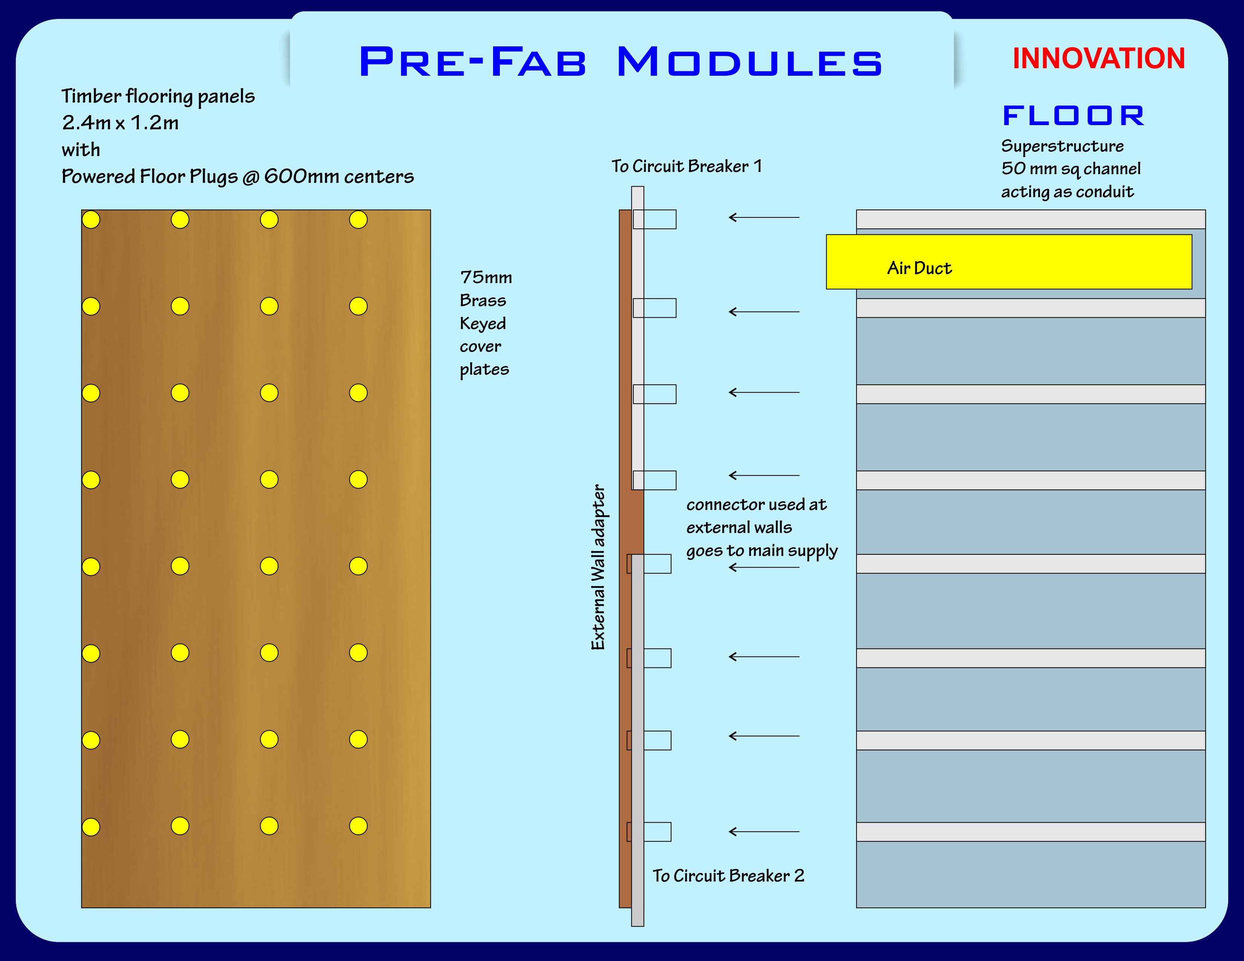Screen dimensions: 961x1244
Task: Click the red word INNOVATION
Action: pos(1098,59)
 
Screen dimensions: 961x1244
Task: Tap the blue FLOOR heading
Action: pos(1073,116)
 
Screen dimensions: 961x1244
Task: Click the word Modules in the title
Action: pos(749,62)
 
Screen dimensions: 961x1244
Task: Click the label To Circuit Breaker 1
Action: pos(686,166)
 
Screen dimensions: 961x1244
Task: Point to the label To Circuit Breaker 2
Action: pos(728,875)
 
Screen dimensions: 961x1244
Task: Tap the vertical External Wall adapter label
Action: pos(598,567)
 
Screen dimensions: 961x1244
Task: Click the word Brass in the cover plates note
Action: pos(483,301)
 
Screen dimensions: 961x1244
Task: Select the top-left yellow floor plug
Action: pos(91,220)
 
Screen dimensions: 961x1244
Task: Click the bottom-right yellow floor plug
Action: pos(358,826)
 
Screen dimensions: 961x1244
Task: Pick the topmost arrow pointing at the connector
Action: pos(764,217)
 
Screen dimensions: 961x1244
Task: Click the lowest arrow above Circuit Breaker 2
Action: pos(764,832)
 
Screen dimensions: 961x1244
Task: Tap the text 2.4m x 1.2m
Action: pos(120,123)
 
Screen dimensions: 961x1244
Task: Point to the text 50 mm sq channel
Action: pos(1071,169)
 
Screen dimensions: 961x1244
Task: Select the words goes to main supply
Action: pos(761,551)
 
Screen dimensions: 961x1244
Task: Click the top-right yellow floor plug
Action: pos(358,220)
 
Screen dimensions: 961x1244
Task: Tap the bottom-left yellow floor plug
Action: pos(91,826)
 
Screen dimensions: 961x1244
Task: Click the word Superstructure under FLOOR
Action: pos(1062,146)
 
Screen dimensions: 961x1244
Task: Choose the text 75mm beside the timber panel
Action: pos(486,278)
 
